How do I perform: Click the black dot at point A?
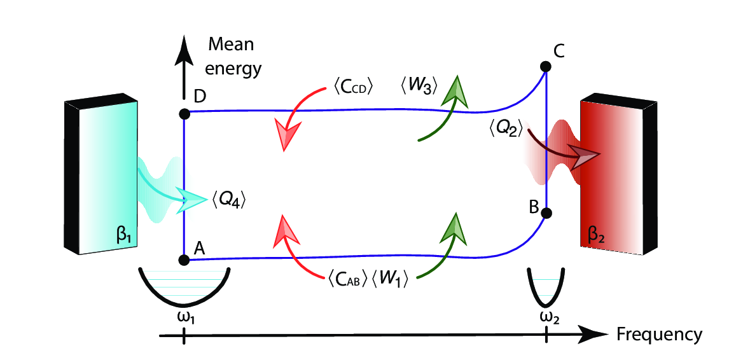point(184,260)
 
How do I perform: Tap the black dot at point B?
point(545,214)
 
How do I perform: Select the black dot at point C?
point(545,66)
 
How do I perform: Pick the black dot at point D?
point(184,114)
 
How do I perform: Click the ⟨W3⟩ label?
point(420,85)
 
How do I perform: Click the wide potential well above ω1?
point(184,286)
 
